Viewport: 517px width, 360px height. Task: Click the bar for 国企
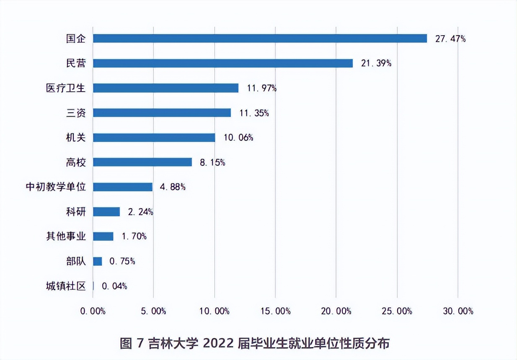(x=260, y=39)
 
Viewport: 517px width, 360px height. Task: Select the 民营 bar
(x=222, y=63)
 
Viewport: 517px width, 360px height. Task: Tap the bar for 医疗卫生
(x=165, y=88)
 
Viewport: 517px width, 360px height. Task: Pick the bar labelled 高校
(x=142, y=162)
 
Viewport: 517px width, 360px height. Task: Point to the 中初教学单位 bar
(x=122, y=187)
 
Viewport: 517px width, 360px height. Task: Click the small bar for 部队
(x=97, y=261)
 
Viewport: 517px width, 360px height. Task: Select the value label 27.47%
(x=450, y=39)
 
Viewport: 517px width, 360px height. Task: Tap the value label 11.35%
(x=254, y=113)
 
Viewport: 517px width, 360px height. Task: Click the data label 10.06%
(x=238, y=138)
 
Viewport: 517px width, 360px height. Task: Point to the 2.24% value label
(x=140, y=212)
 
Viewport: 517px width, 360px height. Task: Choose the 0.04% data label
(x=114, y=286)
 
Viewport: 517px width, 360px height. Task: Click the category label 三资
(x=76, y=113)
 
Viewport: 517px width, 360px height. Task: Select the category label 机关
(x=76, y=138)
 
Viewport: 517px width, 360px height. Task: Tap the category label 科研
(x=76, y=212)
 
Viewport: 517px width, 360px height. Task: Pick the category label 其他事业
(x=66, y=237)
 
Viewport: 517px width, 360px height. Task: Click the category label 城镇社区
(x=66, y=286)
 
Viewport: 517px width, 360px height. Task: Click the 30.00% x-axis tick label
(x=458, y=311)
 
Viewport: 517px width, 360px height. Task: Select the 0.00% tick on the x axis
(x=92, y=311)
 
